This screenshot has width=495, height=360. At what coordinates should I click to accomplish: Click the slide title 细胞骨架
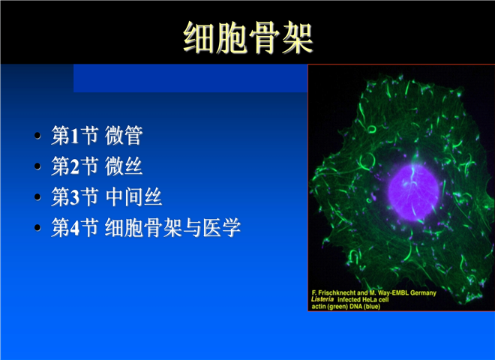248,37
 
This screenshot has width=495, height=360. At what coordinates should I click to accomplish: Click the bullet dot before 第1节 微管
37,136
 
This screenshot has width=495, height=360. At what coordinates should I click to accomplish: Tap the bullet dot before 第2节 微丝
37,166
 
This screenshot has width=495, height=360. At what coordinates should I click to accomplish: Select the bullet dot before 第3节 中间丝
37,196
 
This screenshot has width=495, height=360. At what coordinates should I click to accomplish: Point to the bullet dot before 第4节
37,227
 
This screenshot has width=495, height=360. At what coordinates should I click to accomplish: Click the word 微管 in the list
124,135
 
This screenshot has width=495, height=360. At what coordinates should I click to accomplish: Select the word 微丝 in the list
124,166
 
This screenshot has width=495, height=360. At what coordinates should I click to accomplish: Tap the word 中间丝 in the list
133,196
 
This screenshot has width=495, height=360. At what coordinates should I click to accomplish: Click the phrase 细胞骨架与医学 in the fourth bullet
172,227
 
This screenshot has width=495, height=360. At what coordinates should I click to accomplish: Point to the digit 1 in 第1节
74,136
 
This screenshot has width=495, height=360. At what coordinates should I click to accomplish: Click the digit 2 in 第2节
75,166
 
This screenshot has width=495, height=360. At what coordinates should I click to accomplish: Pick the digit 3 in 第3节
75,197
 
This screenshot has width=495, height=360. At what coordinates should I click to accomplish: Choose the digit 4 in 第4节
75,228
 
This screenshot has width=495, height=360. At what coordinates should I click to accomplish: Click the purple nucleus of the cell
413,192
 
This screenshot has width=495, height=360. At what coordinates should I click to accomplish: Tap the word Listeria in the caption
322,299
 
